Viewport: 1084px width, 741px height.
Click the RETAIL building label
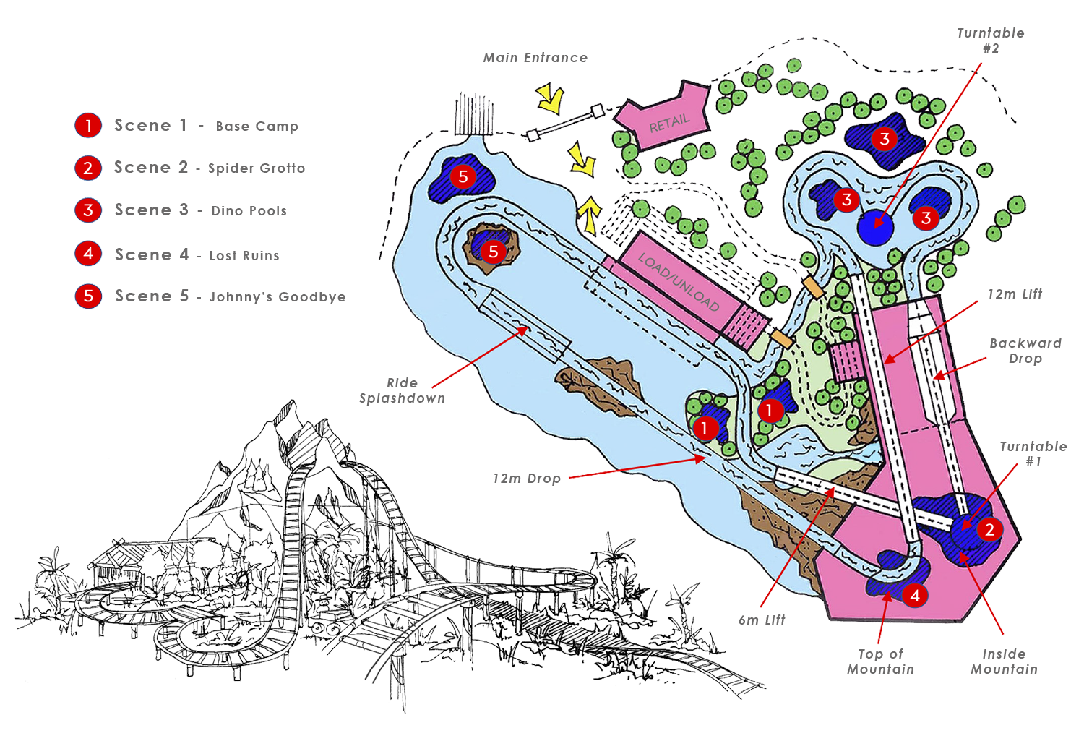pos(669,123)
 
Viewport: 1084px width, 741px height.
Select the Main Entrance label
pos(535,58)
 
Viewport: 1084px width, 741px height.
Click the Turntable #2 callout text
pos(991,40)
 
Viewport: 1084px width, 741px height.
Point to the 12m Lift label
pos(1015,294)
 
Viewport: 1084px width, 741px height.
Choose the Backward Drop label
pos(1025,351)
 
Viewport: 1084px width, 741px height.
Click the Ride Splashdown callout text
pos(402,390)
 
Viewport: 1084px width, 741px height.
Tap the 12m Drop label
pos(528,479)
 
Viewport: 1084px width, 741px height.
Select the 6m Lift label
pos(762,620)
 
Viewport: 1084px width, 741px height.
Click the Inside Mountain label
pos(1004,661)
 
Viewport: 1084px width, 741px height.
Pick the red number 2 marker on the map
pos(989,530)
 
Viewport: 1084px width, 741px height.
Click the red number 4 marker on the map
pos(915,596)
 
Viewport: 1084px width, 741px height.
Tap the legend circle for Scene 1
pos(88,126)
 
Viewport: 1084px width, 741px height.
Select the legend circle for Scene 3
pos(88,210)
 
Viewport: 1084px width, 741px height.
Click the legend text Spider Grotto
pos(256,168)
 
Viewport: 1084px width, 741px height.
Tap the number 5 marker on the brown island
pos(493,252)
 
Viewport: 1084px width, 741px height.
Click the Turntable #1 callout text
pos(1033,454)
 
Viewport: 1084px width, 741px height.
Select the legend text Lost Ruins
pos(244,256)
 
